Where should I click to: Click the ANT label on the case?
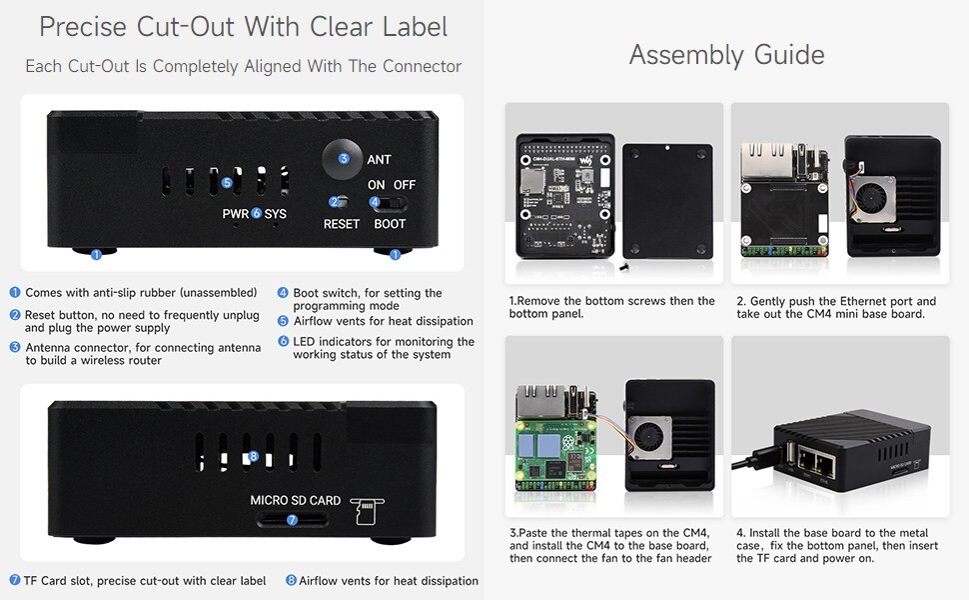pos(379,160)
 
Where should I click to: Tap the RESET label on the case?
pos(341,224)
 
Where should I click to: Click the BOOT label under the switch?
pos(390,224)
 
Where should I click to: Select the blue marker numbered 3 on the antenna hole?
pos(344,158)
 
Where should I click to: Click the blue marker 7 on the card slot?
pos(293,520)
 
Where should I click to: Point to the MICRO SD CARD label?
pos(296,500)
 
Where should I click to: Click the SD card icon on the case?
pos(367,511)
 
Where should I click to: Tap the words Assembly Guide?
pos(727,55)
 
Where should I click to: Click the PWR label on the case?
pos(236,214)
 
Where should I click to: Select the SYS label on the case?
pos(275,214)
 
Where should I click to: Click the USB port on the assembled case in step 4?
pos(790,454)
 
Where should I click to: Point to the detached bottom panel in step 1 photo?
pos(667,200)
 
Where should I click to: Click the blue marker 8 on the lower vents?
pos(253,457)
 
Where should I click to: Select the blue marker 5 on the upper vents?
pos(227,182)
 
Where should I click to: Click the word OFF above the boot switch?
pos(405,185)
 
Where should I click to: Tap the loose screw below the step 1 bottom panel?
pos(623,267)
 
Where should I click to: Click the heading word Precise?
pos(83,27)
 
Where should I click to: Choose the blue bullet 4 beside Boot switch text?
pos(283,293)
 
